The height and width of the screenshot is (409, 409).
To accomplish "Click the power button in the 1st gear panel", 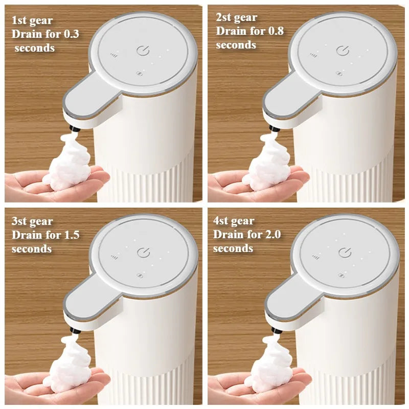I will [x=143, y=51].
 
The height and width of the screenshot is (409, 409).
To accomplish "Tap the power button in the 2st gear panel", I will [x=343, y=51].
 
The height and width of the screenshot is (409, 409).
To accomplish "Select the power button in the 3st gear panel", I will [x=144, y=252].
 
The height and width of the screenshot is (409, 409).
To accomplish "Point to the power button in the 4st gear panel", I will [x=345, y=252].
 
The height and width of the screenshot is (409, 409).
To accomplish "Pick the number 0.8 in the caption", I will [x=274, y=31].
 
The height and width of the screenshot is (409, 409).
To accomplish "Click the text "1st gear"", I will [x=32, y=21].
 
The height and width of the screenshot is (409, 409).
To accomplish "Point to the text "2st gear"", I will [x=236, y=17].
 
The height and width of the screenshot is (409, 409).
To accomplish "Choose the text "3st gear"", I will [x=32, y=221].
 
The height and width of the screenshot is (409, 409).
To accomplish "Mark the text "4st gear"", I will [x=233, y=221].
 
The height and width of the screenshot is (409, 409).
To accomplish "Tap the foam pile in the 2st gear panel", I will [x=268, y=164].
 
